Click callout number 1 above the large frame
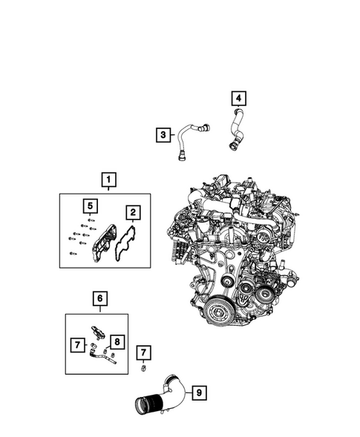pyautogui.click(x=108, y=180)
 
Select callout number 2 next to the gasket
pyautogui.click(x=133, y=213)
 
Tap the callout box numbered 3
pyautogui.click(x=163, y=135)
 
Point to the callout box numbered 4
pyautogui.click(x=239, y=98)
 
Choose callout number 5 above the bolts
pyautogui.click(x=90, y=206)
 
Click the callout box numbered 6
pyautogui.click(x=99, y=298)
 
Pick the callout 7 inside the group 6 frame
pyautogui.click(x=77, y=345)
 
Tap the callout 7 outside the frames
pyautogui.click(x=143, y=352)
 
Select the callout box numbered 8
pyautogui.click(x=117, y=342)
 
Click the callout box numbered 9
pyautogui.click(x=199, y=392)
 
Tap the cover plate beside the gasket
pyautogui.click(x=104, y=243)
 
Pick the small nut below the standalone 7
pyautogui.click(x=144, y=369)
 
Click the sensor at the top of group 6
pyautogui.click(x=98, y=332)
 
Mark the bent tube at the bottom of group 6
pyautogui.click(x=102, y=358)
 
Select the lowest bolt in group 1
pyautogui.click(x=73, y=253)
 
